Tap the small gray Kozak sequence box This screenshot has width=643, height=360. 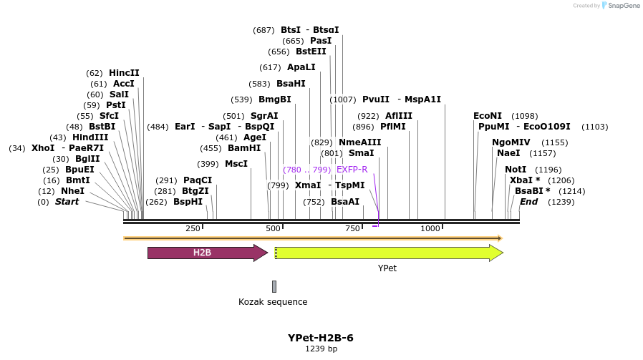click(274, 286)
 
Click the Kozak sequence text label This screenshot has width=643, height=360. click(273, 302)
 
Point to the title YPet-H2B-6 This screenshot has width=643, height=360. click(321, 338)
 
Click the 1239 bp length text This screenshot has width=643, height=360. click(321, 349)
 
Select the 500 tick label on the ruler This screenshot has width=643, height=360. click(273, 228)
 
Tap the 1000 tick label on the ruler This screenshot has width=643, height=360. click(430, 228)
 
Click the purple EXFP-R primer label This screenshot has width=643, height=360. click(352, 170)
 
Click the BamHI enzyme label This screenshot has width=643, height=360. click(244, 148)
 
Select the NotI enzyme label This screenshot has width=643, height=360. click(516, 170)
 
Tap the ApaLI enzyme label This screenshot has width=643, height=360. click(301, 67)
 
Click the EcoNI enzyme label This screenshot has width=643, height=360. click(488, 116)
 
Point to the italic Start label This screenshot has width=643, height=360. click(67, 202)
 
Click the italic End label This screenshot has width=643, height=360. click(528, 202)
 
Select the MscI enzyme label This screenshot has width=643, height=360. click(236, 164)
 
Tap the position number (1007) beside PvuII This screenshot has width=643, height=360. click(343, 99)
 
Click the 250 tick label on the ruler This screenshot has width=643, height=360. click(193, 228)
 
